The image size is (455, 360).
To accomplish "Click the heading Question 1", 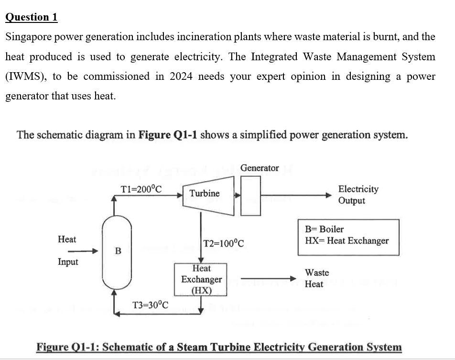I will pyautogui.click(x=32, y=17).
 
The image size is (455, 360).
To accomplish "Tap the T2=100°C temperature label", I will pyautogui.click(x=224, y=243).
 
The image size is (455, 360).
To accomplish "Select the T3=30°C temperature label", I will pyautogui.click(x=150, y=305).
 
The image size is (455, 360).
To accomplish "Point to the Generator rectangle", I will pyautogui.click(x=251, y=196).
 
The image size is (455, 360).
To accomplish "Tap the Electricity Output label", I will pyautogui.click(x=358, y=195).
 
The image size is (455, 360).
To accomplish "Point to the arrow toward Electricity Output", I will pyautogui.click(x=296, y=195).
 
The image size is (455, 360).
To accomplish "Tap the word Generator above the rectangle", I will pyautogui.click(x=260, y=168).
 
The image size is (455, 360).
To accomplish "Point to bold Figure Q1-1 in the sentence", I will pyautogui.click(x=167, y=135).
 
